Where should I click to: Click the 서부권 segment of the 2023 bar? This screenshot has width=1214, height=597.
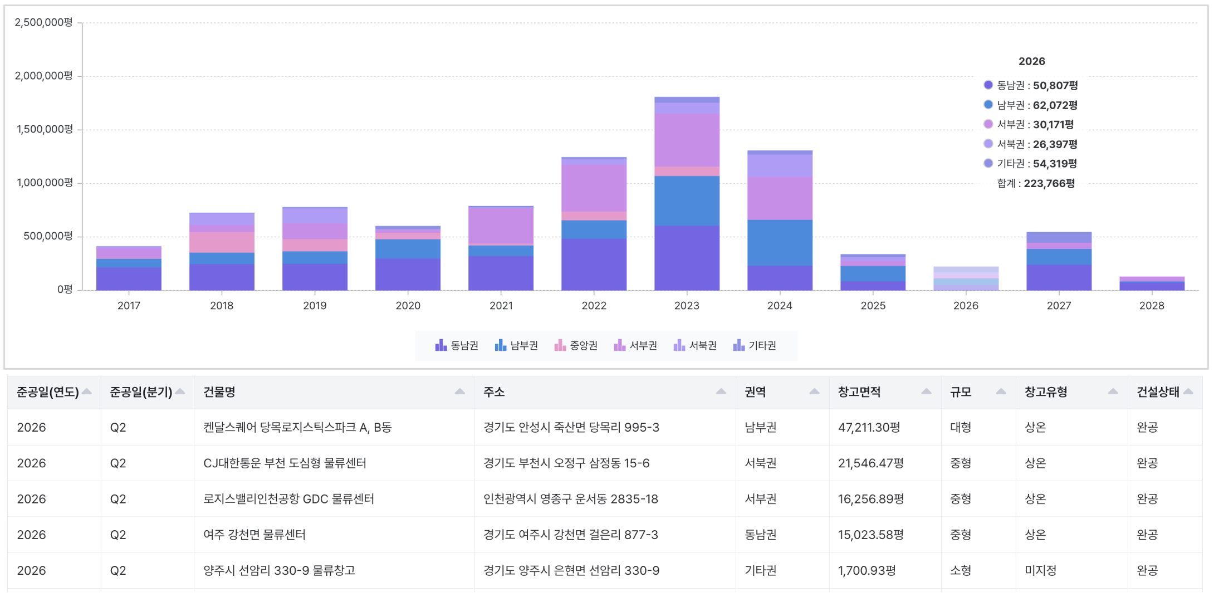[687, 140]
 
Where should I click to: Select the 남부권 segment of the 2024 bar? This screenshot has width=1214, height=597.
[780, 243]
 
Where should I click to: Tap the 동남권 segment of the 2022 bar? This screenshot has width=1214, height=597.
[594, 265]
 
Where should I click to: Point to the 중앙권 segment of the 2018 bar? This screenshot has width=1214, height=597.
[222, 242]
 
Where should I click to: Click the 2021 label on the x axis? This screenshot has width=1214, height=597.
[501, 306]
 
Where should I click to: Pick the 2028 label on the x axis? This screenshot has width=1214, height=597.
[1152, 306]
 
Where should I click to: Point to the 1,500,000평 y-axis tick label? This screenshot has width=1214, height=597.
[45, 129]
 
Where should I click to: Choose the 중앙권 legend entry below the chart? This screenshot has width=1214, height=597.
[576, 345]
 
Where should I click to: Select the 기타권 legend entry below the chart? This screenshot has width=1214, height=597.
[755, 345]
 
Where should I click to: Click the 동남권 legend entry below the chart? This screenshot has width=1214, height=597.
[457, 345]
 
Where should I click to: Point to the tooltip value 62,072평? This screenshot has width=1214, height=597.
[1055, 105]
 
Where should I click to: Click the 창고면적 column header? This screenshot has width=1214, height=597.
[859, 392]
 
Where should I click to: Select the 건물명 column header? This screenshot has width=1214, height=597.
[219, 392]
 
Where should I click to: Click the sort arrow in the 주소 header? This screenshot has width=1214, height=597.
[721, 392]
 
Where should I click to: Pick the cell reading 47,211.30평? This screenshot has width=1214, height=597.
[869, 427]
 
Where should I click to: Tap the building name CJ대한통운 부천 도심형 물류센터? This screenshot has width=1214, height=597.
[285, 463]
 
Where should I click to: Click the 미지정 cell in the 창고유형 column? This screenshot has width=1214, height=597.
[1040, 570]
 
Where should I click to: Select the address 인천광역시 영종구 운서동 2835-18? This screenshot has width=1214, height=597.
[571, 498]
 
